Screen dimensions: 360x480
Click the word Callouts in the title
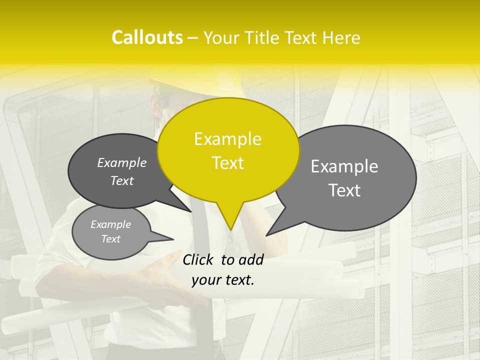(147, 37)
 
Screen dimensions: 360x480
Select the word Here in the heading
(341, 38)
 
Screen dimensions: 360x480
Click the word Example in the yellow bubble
(227, 139)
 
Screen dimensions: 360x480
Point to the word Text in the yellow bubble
(227, 163)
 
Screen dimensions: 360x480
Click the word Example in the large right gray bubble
(344, 166)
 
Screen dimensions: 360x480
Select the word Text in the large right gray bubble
(344, 190)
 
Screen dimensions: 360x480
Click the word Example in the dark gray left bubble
(121, 162)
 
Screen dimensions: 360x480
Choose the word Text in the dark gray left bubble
(121, 181)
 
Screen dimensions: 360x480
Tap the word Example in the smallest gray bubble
(110, 224)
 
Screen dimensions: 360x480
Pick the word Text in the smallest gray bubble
(110, 239)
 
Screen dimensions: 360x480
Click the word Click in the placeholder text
(199, 259)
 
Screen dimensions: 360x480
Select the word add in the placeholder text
(251, 259)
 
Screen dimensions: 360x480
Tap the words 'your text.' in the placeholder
(223, 280)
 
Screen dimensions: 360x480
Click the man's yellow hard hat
(200, 82)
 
